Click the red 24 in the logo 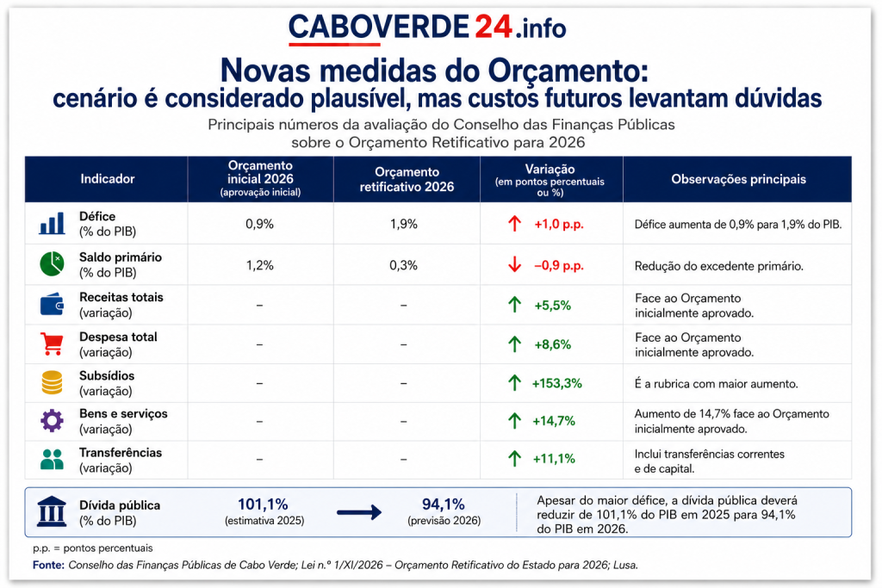tap(494, 26)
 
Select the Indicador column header tap(108, 179)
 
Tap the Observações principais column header tap(738, 179)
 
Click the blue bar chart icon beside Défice tap(52, 223)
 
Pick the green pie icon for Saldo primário tap(52, 263)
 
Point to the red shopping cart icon tap(52, 344)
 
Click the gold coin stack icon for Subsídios tap(52, 383)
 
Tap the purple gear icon tap(52, 420)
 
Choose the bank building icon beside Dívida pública tap(51, 511)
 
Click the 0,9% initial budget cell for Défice tap(259, 224)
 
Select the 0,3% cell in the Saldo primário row tap(403, 265)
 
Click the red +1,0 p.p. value tap(558, 225)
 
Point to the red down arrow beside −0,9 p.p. tap(514, 264)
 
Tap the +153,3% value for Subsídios tap(557, 383)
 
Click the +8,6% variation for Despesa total tap(552, 344)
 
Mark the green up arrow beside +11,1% tap(514, 458)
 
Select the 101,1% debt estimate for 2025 tap(263, 504)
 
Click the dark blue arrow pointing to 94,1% tap(359, 512)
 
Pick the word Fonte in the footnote tap(48, 565)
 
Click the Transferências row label tap(121, 453)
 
